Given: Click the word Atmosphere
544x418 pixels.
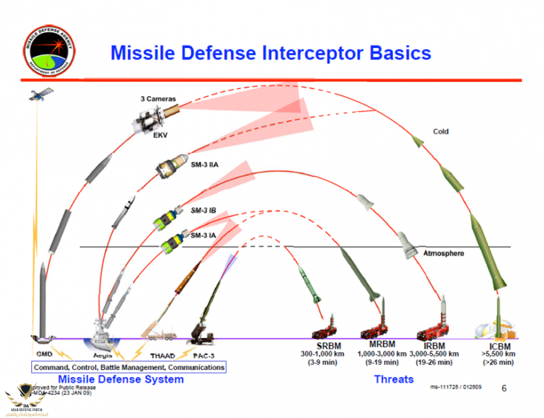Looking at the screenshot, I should tap(443, 253).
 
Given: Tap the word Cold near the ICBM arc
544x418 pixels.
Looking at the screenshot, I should tap(441, 132).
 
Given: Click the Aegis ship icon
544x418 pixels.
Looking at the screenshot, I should tap(103, 330).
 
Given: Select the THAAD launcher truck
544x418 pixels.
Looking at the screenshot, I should tap(159, 332).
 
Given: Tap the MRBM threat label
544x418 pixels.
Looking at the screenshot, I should tap(382, 345).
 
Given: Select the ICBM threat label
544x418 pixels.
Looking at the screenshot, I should tap(498, 346).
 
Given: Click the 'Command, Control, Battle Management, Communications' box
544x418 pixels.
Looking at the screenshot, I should tap(128, 367).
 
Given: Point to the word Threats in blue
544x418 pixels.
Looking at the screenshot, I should tap(393, 379).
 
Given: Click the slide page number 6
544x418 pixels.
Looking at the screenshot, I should tap(504, 388).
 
